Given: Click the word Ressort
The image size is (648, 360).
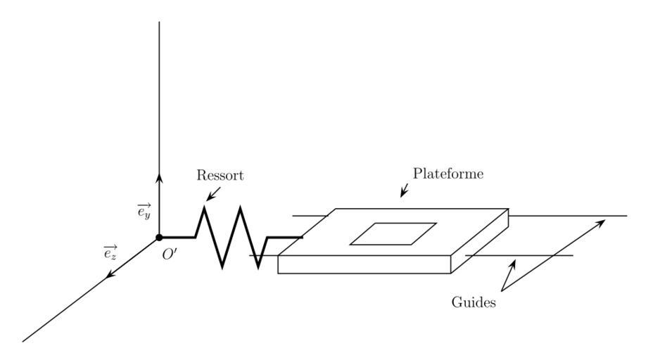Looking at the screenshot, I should (x=220, y=175).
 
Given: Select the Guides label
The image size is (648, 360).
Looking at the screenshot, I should (x=474, y=302).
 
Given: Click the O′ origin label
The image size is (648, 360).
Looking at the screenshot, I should (x=170, y=255).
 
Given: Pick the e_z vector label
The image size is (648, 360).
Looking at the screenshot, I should (x=110, y=252).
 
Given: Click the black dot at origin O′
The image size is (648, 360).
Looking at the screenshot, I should (x=160, y=238).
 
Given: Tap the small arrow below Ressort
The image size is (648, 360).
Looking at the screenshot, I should (x=212, y=193).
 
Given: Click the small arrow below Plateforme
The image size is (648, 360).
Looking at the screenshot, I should (x=404, y=191).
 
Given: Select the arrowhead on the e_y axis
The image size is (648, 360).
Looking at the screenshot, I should (x=160, y=179).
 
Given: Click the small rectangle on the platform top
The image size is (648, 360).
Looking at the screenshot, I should (x=393, y=234).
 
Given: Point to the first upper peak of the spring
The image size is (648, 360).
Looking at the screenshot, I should (x=204, y=207).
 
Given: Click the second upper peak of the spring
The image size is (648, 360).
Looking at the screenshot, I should (x=241, y=207).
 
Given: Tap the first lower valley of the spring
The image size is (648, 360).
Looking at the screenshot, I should (x=222, y=266).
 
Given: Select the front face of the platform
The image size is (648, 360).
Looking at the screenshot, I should (x=364, y=264).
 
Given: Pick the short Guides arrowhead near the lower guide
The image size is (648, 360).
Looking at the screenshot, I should (x=514, y=264).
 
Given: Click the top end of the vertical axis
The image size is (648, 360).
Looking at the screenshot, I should (x=160, y=22).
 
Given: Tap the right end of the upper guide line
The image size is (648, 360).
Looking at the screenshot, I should (x=625, y=216).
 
